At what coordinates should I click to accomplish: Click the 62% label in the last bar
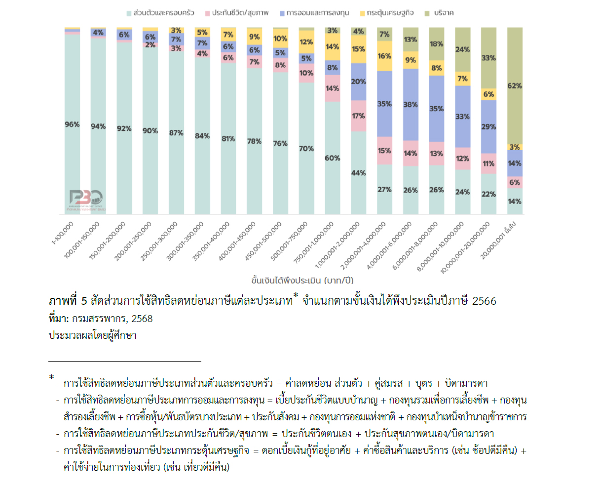[514, 86]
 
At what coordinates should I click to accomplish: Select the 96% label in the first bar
[72, 124]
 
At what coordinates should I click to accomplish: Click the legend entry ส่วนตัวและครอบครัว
[160, 13]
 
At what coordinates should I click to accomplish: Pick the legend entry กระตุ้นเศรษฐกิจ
[386, 13]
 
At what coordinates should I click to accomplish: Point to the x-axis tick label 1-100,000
[63, 233]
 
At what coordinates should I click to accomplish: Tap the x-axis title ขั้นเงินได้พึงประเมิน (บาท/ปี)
[302, 281]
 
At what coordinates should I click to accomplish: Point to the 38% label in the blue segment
[411, 105]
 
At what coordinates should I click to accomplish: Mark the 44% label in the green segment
[359, 173]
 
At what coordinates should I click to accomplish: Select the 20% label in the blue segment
[359, 81]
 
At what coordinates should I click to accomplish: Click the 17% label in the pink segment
[359, 116]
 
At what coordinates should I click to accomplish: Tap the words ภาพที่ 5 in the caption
[68, 301]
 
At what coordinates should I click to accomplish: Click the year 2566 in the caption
[484, 301]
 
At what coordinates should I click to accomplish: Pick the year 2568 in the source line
[142, 319]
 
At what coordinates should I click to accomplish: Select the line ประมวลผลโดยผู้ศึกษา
[92, 335]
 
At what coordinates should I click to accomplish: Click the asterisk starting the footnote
[51, 378]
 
